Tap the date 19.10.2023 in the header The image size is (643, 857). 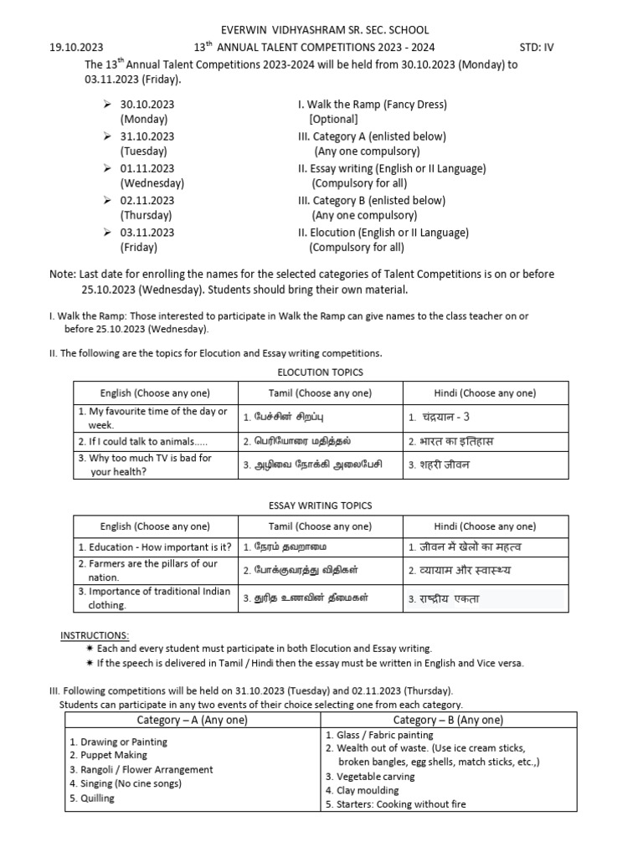76,48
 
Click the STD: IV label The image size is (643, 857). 535,48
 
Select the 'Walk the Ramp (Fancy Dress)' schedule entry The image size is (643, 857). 373,105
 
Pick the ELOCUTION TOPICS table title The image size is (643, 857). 320,372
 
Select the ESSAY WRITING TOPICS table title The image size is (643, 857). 320,505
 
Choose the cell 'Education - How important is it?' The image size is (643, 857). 155,547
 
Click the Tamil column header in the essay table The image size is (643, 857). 320,526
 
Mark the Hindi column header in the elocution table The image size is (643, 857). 485,393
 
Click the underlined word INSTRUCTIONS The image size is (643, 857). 95,635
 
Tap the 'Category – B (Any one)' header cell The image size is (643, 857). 448,720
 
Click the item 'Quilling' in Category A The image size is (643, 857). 92,798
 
